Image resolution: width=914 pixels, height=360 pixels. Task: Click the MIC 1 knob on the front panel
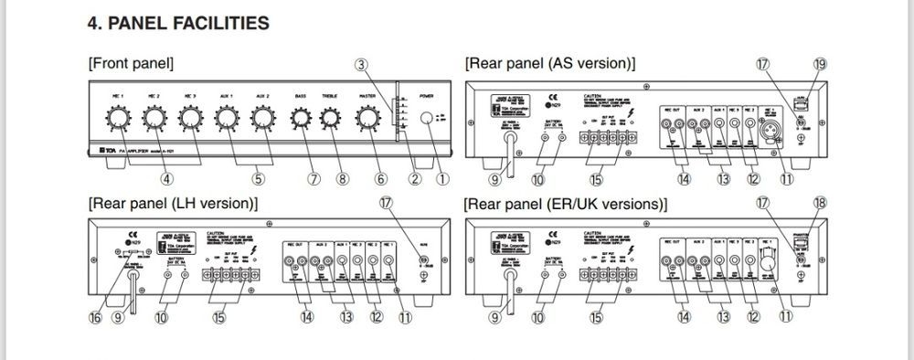pyautogui.click(x=115, y=118)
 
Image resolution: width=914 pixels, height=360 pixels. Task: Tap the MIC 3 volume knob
pyautogui.click(x=189, y=118)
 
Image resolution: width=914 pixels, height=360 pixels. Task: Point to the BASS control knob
pyautogui.click(x=300, y=118)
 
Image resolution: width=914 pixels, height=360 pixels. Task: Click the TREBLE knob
pyautogui.click(x=331, y=118)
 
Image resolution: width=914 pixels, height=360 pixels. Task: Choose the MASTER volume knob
pyautogui.click(x=367, y=118)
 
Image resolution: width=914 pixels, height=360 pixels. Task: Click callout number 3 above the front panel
pyautogui.click(x=362, y=65)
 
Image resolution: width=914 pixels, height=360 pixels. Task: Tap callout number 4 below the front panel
pyautogui.click(x=166, y=179)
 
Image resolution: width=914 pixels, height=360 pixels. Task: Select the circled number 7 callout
pyautogui.click(x=315, y=179)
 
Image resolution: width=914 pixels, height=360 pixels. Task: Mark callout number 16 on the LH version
pyautogui.click(x=97, y=318)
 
